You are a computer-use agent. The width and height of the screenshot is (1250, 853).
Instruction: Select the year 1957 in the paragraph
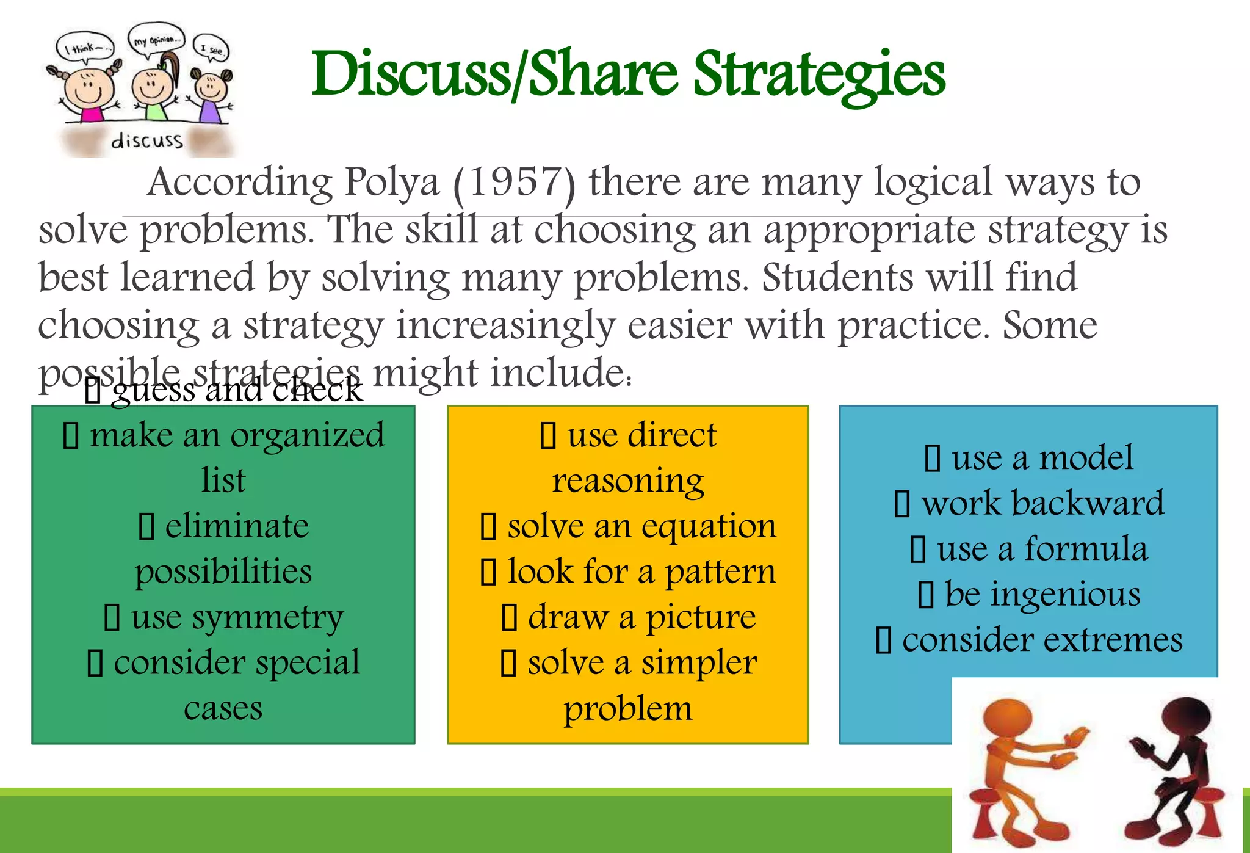515,182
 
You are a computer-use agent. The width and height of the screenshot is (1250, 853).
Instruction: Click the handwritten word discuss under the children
146,141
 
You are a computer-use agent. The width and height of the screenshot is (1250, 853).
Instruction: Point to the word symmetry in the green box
267,618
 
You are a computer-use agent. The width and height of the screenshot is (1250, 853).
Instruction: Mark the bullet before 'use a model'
932,459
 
